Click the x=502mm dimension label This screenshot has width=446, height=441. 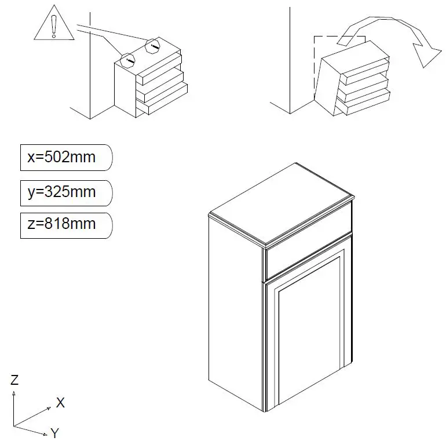[x=62, y=157]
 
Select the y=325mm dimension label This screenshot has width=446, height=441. [x=62, y=191]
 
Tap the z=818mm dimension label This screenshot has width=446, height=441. [x=62, y=224]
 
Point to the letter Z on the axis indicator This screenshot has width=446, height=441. [x=14, y=380]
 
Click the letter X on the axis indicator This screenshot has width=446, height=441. [x=60, y=403]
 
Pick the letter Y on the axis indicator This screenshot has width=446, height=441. [x=55, y=433]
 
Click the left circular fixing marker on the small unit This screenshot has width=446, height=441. [x=129, y=59]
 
